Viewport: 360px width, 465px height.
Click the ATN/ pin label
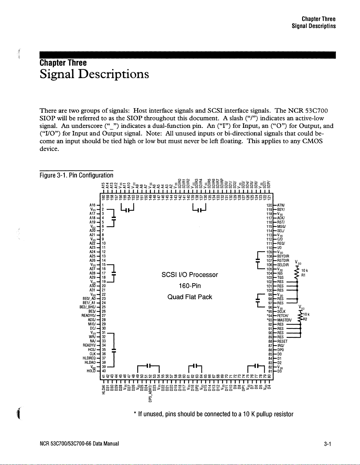[x=280, y=205]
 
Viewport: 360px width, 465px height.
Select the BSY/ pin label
[x=280, y=209]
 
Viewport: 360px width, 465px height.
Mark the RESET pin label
[x=282, y=341]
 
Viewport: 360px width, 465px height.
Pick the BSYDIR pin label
[x=283, y=256]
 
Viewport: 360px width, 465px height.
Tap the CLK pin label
[x=95, y=354]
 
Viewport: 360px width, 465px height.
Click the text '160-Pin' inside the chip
[x=190, y=286]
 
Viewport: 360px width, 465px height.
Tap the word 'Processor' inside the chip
[x=203, y=275]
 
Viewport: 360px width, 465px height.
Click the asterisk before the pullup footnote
[x=134, y=414]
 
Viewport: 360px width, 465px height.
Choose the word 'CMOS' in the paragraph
[x=312, y=141]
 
